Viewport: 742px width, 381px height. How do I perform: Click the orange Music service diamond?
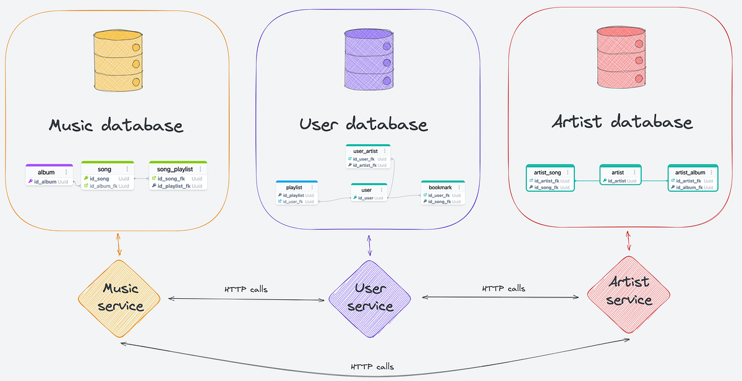coord(119,298)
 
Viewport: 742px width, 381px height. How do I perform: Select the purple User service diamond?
coord(370,298)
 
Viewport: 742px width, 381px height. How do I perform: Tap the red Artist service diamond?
coord(629,291)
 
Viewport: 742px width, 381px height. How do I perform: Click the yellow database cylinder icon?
coord(117,61)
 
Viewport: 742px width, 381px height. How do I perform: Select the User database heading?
coord(364,124)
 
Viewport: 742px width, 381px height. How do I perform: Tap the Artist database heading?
coord(622,121)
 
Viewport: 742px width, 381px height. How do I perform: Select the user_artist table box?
coord(367,157)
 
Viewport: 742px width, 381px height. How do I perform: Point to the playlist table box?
coord(297,193)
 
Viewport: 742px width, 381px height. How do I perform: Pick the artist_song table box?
coord(550,178)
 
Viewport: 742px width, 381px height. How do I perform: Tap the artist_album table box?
coord(692,178)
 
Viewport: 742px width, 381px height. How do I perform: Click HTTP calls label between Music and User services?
coord(246,289)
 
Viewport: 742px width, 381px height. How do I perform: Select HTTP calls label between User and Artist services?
coord(503,288)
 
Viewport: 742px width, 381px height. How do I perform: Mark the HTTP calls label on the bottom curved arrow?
coord(372,366)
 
